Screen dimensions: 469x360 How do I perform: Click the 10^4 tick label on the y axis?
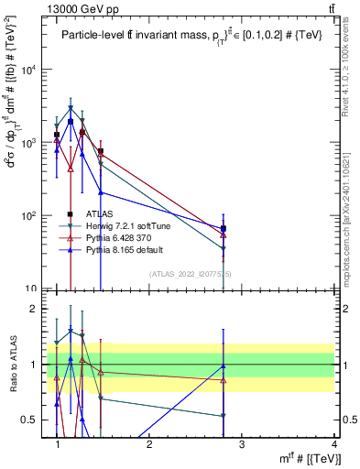tap(27, 71)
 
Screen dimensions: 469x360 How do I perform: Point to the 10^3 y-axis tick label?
tap(27, 144)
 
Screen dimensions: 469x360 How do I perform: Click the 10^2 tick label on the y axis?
tap(27, 216)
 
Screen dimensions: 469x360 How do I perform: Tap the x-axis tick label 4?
tap(333, 444)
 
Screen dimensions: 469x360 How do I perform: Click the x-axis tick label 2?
tap(150, 444)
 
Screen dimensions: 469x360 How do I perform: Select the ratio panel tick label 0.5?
tap(30, 420)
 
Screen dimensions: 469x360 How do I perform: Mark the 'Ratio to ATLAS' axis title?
tap(11, 365)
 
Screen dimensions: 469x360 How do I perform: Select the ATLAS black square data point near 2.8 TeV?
tap(224, 228)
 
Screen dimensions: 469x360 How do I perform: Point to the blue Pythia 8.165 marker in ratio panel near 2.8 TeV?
tap(224, 366)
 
